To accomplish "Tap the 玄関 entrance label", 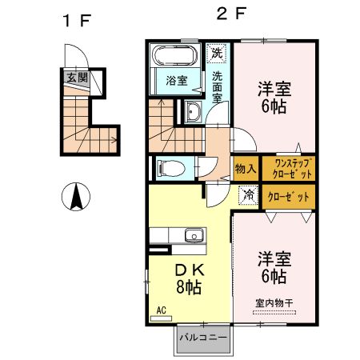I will pos(76,78).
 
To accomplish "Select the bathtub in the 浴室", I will pos(174,58).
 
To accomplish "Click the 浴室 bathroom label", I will pos(176,81).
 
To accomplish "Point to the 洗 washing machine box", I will pos(215,54).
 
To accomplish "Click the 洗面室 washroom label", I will pos(217,86).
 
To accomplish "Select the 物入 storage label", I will pos(246,169).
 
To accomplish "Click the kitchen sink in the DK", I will pos(192,235).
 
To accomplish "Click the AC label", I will pos(160,310).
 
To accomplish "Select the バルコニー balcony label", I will pos(203,337).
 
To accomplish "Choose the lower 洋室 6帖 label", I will pos(274,268).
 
